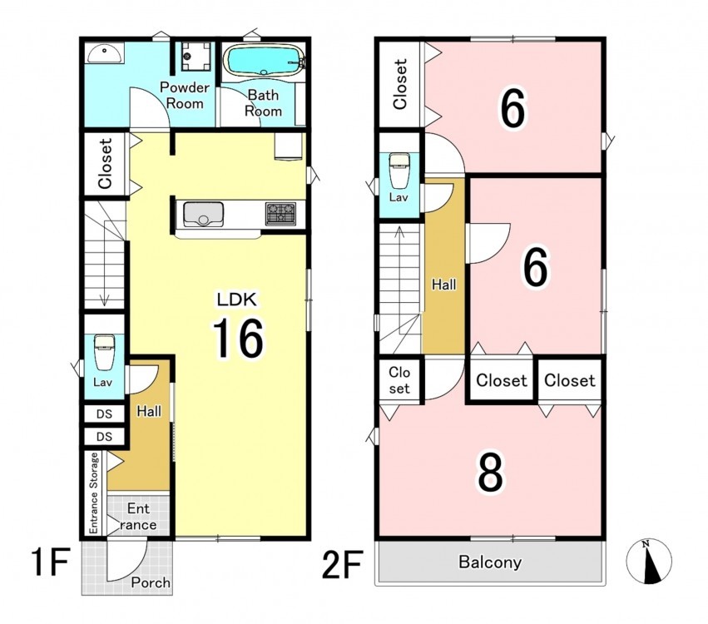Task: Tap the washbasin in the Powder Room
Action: coord(104,54)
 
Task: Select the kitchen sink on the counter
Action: coord(203,215)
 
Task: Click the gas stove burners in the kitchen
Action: coord(280,214)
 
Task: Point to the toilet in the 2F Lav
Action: coord(399,171)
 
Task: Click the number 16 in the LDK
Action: coord(238,338)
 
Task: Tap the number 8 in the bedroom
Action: coord(490,473)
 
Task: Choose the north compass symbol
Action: coord(649,562)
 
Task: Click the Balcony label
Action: coord(490,562)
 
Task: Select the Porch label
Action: coord(151,582)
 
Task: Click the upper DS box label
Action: coord(104,414)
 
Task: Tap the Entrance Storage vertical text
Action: coord(93,493)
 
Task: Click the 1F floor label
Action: coord(50,562)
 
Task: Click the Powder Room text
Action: coord(185,96)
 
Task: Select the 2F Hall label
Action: coord(444,285)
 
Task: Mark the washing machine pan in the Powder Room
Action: coord(196,56)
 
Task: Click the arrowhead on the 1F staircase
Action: coord(105,300)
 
